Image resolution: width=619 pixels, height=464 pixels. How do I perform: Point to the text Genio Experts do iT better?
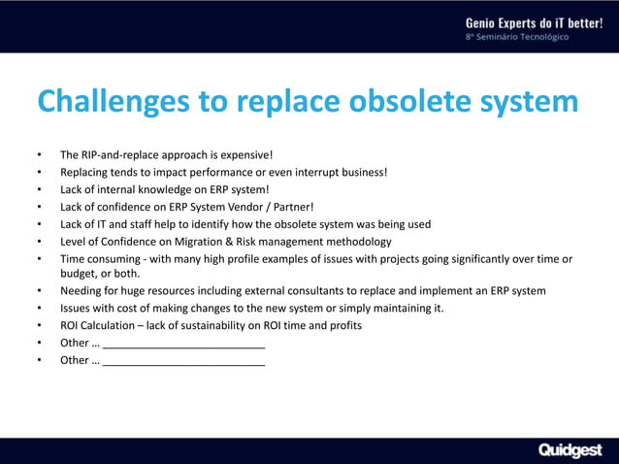[534, 21]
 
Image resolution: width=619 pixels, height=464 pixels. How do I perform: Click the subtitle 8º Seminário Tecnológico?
[517, 37]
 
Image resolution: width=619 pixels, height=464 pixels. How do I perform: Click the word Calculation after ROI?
[114, 325]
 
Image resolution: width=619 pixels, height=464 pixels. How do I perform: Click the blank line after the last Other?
[183, 360]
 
